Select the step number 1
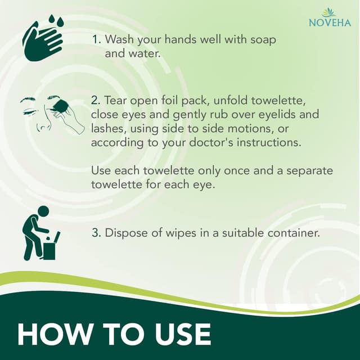(x=95, y=40)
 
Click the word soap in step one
(x=263, y=40)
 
